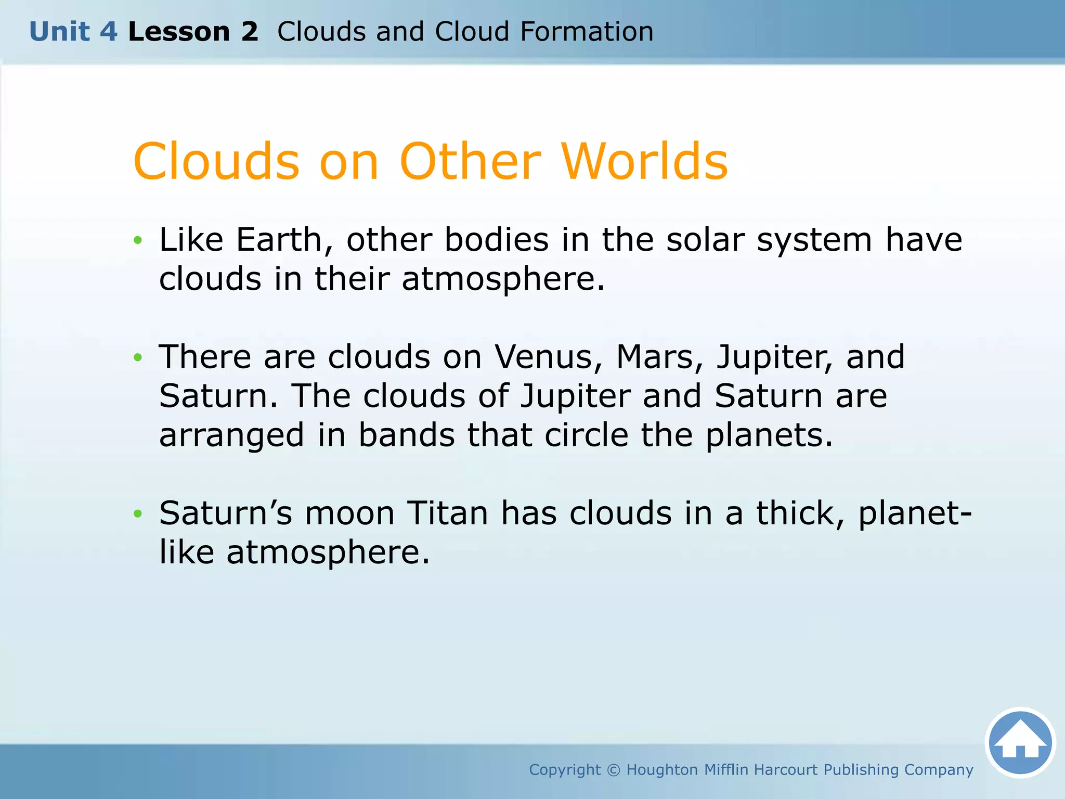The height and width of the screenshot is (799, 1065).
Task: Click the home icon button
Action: [1020, 742]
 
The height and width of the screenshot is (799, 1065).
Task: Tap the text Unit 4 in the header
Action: [73, 32]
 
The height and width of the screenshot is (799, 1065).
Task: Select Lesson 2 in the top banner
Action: [193, 32]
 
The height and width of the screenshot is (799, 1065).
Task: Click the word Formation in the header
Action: [587, 32]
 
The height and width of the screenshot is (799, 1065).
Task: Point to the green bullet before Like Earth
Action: [137, 240]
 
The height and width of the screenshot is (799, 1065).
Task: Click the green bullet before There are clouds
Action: [137, 357]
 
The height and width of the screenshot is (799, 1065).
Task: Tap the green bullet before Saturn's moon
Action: [137, 514]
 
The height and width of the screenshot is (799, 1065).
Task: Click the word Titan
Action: [448, 513]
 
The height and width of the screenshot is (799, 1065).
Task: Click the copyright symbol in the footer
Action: [614, 770]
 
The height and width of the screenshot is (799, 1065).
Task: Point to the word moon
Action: [349, 513]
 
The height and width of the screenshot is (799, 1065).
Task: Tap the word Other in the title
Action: [470, 162]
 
